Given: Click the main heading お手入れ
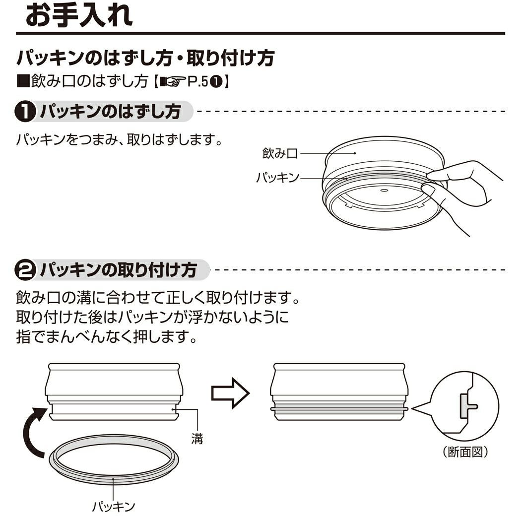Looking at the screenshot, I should click(x=79, y=15).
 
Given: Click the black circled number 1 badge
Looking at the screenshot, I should click(x=24, y=112).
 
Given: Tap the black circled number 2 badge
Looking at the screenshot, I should click(x=24, y=271).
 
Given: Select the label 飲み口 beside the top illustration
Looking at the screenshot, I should click(x=280, y=153).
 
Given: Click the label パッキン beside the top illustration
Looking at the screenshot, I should click(x=278, y=177).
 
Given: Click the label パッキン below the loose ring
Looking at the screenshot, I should click(x=114, y=506).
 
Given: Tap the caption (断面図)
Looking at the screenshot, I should click(x=465, y=452).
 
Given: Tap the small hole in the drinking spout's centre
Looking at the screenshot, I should click(x=385, y=190).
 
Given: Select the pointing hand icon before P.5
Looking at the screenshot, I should click(x=172, y=82).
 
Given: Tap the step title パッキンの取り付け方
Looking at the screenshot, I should click(x=119, y=271).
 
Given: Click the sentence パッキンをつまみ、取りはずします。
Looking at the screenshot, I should click(x=119, y=139).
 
